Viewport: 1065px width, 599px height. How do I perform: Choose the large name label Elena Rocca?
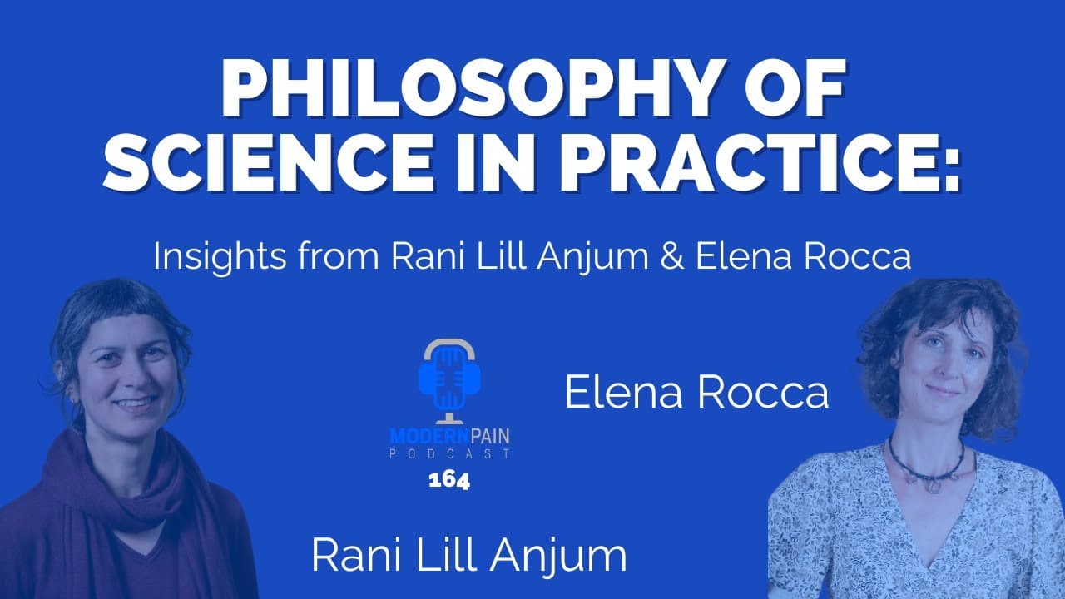coord(696,393)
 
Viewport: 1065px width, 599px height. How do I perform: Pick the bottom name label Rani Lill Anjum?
coord(469,555)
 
